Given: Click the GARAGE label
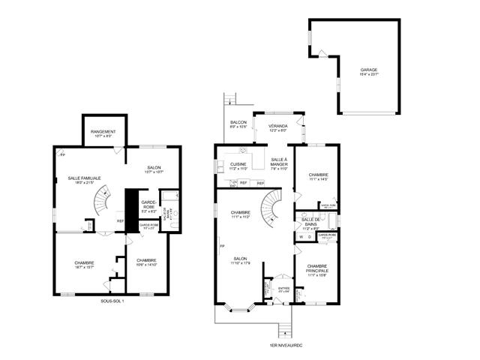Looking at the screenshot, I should click(x=368, y=71).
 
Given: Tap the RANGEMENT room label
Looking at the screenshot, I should click(x=103, y=133).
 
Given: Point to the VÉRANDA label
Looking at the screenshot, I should click(x=277, y=126).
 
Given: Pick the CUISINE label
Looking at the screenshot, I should click(x=238, y=165).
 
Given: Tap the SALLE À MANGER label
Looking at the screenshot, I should click(x=278, y=163).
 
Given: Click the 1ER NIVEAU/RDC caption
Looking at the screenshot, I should click(x=283, y=346).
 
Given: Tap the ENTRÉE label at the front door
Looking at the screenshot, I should click(x=283, y=287).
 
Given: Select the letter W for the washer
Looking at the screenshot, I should click(x=301, y=237).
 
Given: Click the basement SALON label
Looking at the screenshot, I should click(x=153, y=168).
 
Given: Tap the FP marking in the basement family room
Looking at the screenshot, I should click(x=63, y=154).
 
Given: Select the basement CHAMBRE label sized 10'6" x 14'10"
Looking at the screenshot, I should click(x=146, y=262).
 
